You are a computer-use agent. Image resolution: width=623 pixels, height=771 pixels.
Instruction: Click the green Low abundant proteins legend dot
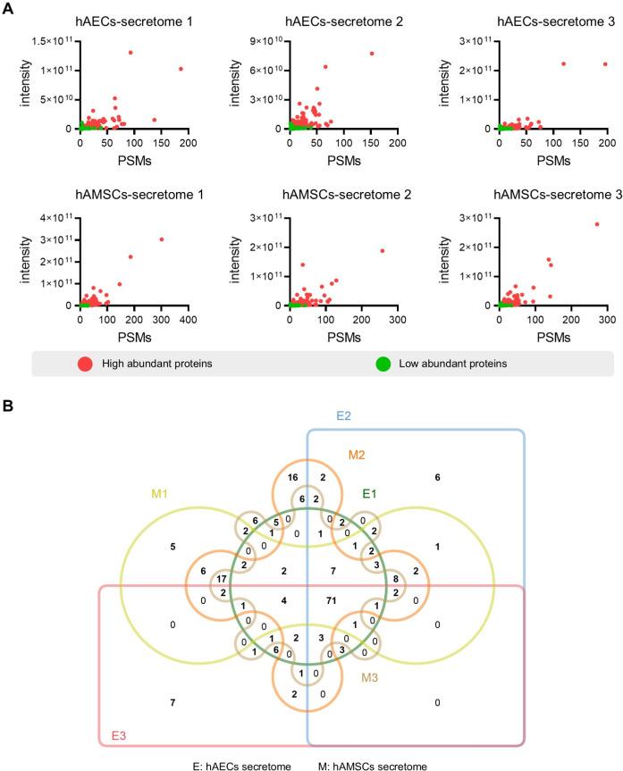pos(383,365)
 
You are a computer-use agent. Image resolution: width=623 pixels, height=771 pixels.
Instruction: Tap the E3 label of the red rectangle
pos(117,734)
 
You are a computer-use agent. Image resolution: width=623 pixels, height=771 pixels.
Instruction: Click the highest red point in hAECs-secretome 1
pos(130,53)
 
